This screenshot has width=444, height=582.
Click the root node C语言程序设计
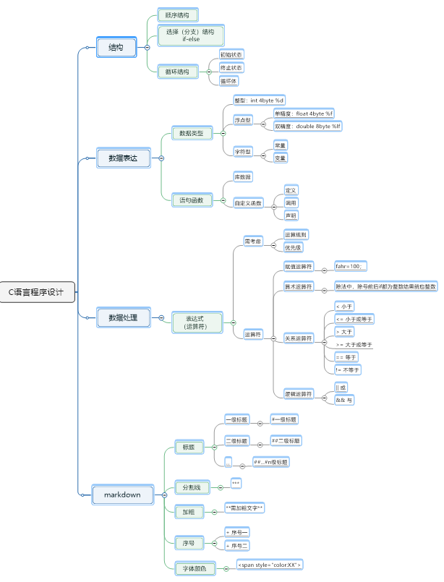36,293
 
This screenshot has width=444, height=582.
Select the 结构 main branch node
116,48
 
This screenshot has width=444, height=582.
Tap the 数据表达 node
124,158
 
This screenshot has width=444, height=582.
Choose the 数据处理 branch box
123,317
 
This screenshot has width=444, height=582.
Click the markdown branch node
122,495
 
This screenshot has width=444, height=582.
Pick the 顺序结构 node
177,15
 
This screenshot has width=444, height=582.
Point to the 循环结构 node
177,72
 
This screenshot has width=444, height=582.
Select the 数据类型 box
192,133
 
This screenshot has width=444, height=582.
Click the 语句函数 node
192,200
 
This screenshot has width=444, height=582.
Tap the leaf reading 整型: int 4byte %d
259,100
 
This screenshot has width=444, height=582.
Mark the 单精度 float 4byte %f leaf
304,114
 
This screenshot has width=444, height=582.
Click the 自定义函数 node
247,203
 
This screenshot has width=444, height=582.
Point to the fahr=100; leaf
351,267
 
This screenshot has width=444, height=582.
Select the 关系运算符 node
299,338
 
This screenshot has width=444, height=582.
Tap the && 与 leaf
345,399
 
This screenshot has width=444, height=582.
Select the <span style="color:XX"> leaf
270,565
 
